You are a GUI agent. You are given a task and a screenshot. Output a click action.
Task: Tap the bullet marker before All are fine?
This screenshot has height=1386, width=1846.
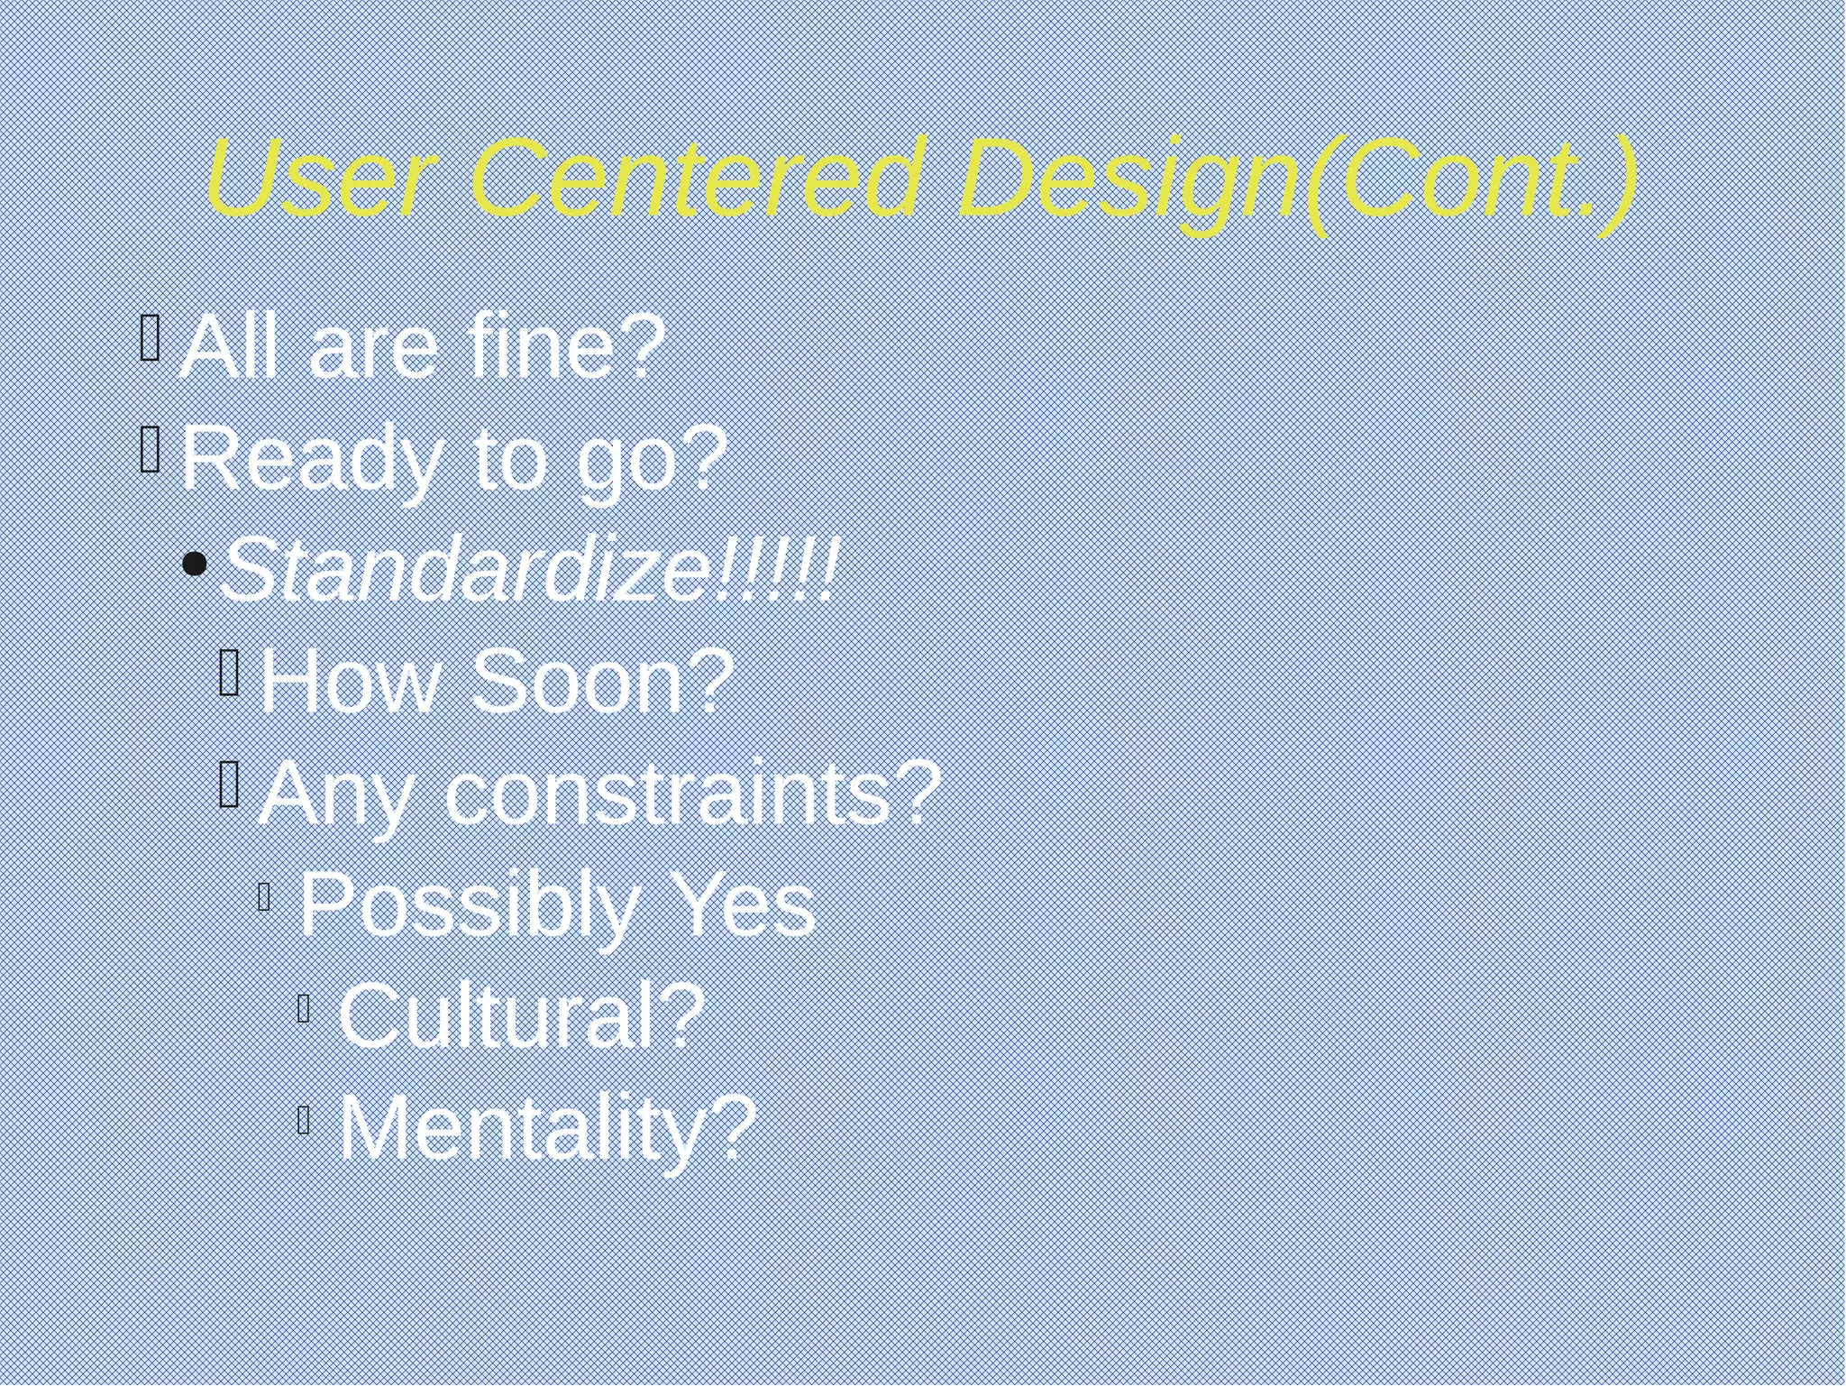tap(151, 337)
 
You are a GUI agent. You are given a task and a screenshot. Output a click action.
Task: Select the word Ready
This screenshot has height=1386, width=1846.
tap(312, 460)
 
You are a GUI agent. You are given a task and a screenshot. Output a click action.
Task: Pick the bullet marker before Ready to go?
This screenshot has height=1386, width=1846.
tap(151, 449)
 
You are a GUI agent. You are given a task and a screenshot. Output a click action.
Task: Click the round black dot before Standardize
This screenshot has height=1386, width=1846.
tap(194, 565)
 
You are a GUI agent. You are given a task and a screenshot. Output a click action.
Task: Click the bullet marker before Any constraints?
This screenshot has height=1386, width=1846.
tap(229, 783)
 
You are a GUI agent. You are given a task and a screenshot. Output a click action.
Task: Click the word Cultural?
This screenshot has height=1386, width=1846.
tap(521, 1016)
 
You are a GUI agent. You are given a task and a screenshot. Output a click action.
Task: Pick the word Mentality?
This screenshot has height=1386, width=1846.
tap(546, 1128)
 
